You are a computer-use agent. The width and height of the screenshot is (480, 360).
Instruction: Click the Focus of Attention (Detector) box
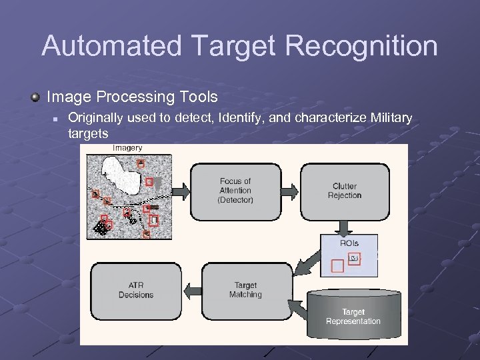pos(235,191)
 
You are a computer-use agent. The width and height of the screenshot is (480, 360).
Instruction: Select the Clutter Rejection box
pos(345,191)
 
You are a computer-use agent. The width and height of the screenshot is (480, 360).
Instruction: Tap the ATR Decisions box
pos(136,290)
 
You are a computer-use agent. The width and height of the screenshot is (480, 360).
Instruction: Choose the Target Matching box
pos(245,290)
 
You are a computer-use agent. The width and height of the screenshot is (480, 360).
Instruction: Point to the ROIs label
pos(349,243)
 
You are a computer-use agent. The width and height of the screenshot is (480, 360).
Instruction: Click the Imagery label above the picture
pos(127,147)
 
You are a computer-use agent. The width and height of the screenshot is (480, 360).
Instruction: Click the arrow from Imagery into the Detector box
pos(181,191)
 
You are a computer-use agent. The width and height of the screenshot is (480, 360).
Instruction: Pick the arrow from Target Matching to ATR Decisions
pos(190,290)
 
